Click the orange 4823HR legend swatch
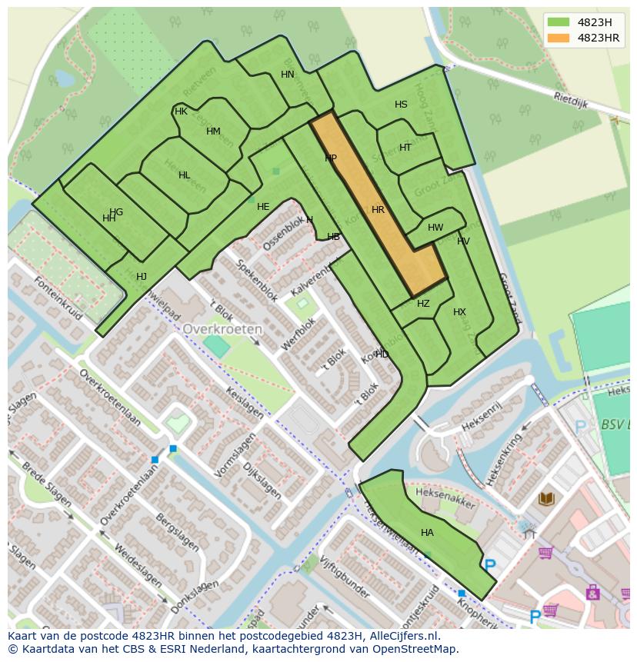(559, 38)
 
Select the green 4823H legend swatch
(559, 22)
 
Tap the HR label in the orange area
(378, 210)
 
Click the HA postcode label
(427, 533)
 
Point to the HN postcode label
(288, 75)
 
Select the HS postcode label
(401, 105)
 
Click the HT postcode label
(405, 148)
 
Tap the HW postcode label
(435, 228)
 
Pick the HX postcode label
(459, 312)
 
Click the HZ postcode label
(423, 304)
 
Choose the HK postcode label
(181, 111)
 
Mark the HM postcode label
(213, 131)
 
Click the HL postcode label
(184, 175)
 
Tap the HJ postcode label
(142, 277)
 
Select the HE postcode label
(263, 207)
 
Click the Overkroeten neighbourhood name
(222, 328)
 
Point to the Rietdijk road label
(572, 101)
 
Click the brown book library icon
(546, 499)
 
